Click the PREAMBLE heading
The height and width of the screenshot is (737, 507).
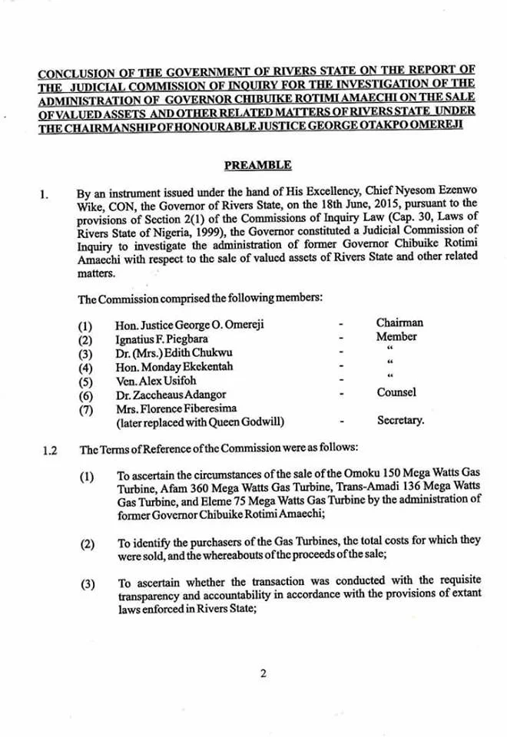pos(257,165)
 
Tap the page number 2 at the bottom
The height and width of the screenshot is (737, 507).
pos(263,674)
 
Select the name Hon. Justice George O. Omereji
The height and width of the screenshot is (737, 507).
pos(189,324)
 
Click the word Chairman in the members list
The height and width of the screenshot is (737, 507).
pos(399,322)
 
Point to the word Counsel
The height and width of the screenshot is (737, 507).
pos(396,392)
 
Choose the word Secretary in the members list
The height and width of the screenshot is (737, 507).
pos(400,421)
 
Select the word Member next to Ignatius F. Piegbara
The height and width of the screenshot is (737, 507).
pos(396,336)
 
